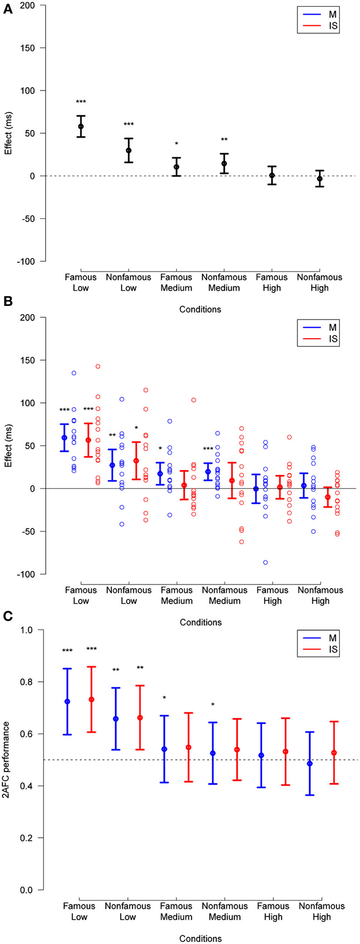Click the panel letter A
[x=7, y=9]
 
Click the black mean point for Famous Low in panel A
[x=81, y=126]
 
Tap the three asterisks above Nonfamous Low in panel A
[x=128, y=124]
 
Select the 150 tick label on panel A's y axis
[x=27, y=48]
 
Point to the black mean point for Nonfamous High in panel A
[x=320, y=179]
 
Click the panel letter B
[x=7, y=301]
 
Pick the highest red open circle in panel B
[x=98, y=366]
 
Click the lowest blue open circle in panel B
[x=266, y=563]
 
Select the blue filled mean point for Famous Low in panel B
[x=64, y=438]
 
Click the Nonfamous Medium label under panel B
[x=225, y=595]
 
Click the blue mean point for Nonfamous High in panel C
[x=310, y=763]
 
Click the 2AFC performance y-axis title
[x=7, y=760]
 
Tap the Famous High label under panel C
[x=273, y=911]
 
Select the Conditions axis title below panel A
[x=200, y=309]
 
